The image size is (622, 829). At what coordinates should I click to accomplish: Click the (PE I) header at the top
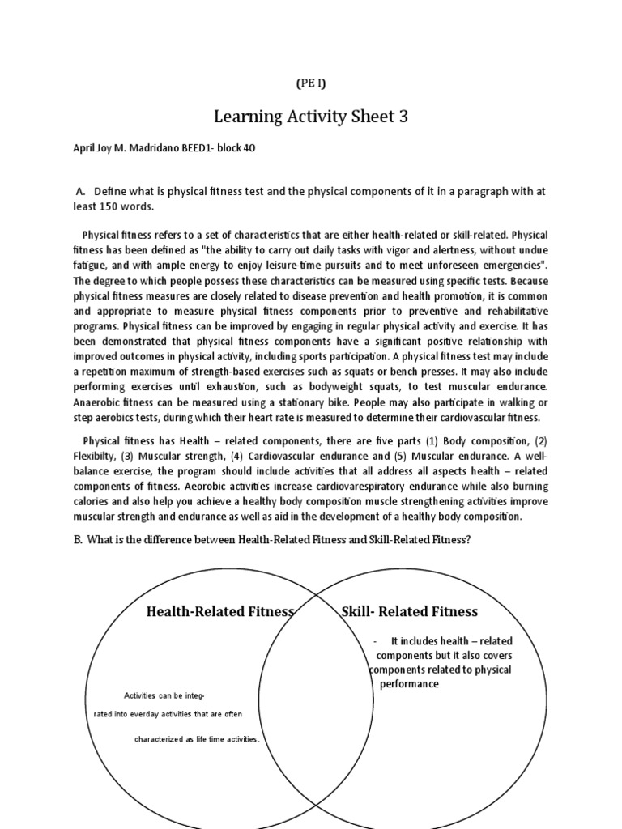pos(311,83)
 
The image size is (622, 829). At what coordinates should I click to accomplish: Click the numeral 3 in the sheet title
pos(403,117)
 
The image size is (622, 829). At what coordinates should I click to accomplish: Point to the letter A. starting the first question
pos(80,192)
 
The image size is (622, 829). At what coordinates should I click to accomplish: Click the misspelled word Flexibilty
pos(100,457)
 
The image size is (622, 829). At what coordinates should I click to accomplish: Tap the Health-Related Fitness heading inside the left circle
pos(219,611)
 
